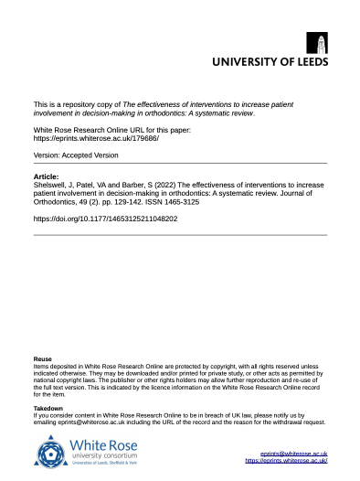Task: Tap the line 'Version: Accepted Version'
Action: click(x=79, y=156)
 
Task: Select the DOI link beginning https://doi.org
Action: click(x=105, y=219)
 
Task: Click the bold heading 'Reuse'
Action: click(x=42, y=359)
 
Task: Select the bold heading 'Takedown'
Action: click(x=48, y=408)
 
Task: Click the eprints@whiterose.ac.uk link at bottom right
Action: click(x=294, y=454)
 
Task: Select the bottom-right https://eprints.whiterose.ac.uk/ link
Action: click(x=286, y=462)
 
